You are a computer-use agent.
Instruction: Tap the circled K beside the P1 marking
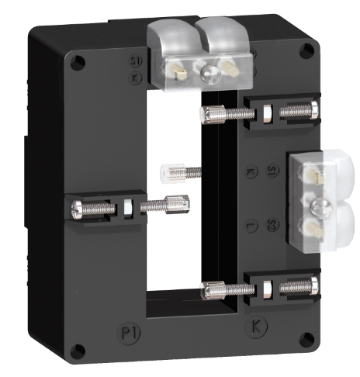(257, 326)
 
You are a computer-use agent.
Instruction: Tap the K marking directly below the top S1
(136, 78)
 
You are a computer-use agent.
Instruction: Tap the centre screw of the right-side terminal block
(318, 206)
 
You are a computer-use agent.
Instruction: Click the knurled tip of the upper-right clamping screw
(208, 115)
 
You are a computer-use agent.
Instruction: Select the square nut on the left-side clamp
(127, 208)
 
